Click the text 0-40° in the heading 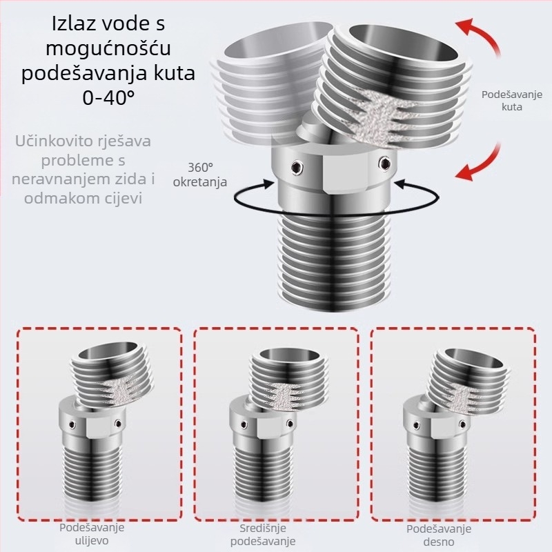pyautogui.click(x=108, y=97)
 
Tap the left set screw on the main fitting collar pyautogui.click(x=296, y=166)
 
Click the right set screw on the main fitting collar pyautogui.click(x=384, y=163)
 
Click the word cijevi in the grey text pyautogui.click(x=125, y=198)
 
